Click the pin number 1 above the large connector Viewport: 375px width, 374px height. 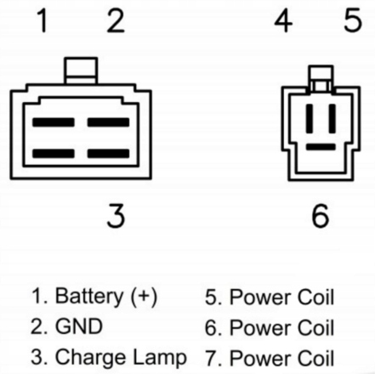pos(43,20)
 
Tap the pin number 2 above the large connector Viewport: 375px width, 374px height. pos(116,20)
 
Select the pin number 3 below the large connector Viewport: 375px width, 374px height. pos(116,216)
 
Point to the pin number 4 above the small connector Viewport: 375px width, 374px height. pos(283,20)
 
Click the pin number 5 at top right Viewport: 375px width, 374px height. pos(353,20)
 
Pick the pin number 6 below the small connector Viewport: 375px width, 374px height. pos(321,216)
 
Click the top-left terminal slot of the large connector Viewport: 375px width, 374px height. pos(54,122)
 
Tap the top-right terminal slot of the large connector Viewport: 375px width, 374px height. pos(108,122)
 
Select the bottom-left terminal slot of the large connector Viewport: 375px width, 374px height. pos(54,153)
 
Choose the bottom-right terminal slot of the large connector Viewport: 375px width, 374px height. pos(108,153)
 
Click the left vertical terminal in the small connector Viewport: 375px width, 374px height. pos(310,118)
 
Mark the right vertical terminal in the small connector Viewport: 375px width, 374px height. pos(332,118)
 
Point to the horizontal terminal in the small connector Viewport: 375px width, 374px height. pos(321,147)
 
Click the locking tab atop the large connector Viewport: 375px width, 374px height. pos(81,71)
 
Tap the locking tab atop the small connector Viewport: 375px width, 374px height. pos(321,77)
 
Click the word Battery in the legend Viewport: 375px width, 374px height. pos(89,296)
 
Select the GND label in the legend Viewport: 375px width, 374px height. pos(79,326)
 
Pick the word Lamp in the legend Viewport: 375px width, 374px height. pos(160,358)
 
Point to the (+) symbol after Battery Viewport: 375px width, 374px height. pos(144,297)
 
